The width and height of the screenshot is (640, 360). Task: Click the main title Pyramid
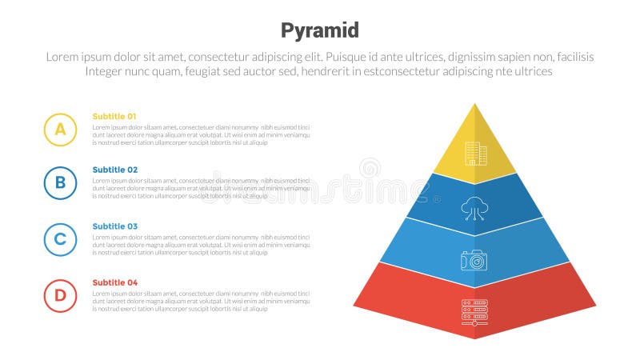click(x=320, y=30)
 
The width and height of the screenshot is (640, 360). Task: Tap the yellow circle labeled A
click(x=60, y=129)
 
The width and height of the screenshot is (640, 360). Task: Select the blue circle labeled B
click(x=60, y=183)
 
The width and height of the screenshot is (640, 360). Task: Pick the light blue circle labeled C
click(x=60, y=239)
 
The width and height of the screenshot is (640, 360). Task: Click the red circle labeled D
click(x=60, y=295)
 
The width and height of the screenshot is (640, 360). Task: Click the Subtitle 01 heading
click(x=114, y=116)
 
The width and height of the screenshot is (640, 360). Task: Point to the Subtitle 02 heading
click(x=114, y=170)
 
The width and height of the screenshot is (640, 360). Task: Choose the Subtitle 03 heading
click(x=114, y=226)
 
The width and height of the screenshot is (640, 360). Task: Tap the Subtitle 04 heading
click(x=114, y=282)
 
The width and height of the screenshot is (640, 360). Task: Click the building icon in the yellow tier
click(x=475, y=154)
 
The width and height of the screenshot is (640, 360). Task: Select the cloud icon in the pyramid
click(x=474, y=209)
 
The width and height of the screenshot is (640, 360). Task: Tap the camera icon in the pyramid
click(x=474, y=260)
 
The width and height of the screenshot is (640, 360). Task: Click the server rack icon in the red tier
click(x=474, y=312)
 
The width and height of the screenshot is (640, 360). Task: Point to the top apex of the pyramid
click(x=475, y=104)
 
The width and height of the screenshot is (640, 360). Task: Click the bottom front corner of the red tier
click(x=475, y=338)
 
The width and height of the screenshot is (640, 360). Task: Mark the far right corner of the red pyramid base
click(x=595, y=306)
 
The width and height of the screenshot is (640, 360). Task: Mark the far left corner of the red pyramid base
click(x=354, y=306)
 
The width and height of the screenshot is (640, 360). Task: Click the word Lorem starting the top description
click(x=62, y=57)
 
